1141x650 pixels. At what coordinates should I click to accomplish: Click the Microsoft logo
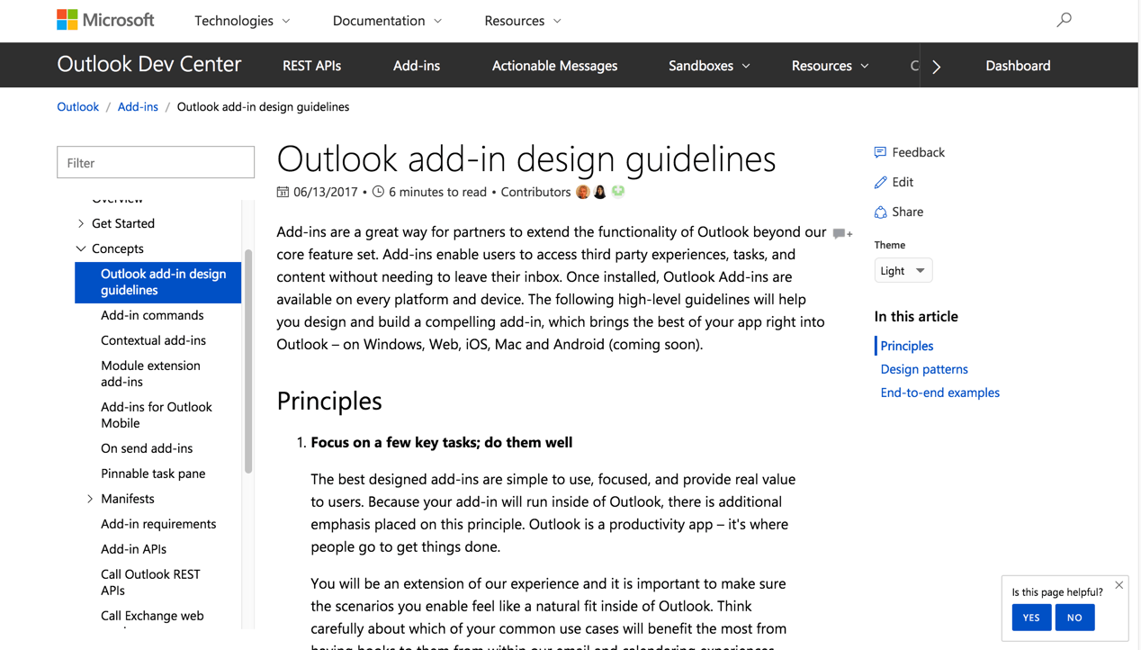[105, 20]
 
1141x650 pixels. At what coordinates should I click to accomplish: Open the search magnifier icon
[1064, 20]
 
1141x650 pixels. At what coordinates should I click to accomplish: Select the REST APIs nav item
[311, 66]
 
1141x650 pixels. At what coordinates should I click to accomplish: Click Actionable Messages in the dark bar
[554, 66]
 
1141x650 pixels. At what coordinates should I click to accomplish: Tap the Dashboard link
[1018, 66]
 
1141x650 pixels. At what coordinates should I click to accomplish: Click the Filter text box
[156, 163]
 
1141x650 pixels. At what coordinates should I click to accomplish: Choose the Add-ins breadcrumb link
[138, 106]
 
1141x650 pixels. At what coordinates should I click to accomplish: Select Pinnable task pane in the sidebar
[153, 474]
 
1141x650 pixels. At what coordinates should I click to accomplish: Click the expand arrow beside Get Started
[81, 223]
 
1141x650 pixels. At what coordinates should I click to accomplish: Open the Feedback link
[917, 152]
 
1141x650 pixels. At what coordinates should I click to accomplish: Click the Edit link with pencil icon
[902, 182]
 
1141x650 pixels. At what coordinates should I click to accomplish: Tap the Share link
[906, 212]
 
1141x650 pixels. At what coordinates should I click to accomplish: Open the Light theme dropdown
[903, 271]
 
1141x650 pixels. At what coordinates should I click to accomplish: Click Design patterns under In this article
[924, 369]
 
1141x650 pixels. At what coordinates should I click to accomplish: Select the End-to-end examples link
[939, 393]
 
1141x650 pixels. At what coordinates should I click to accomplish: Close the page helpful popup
[1119, 585]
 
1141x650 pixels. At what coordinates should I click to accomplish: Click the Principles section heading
[329, 401]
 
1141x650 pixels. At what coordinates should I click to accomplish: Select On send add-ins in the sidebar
[147, 448]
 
